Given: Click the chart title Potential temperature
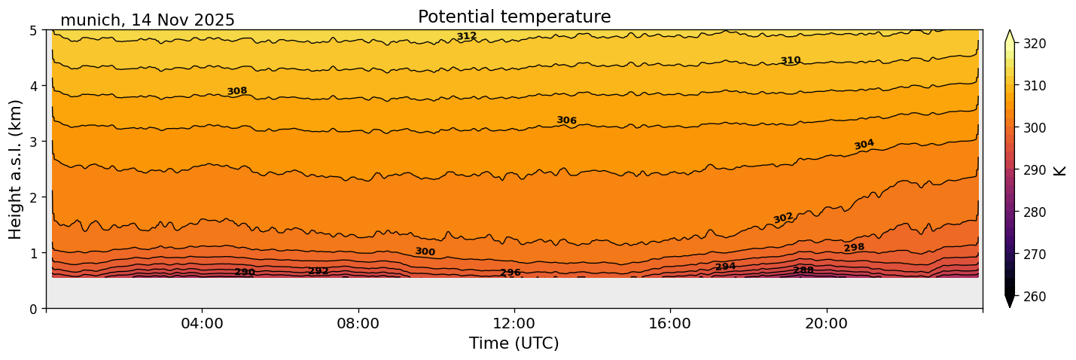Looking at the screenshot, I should (514, 17).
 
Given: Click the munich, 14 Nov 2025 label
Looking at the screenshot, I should (148, 20).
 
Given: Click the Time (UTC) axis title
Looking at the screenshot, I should (514, 343).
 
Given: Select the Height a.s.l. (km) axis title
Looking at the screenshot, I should (16, 169).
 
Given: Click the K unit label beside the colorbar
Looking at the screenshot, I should (1060, 170).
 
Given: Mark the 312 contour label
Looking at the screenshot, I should (467, 36).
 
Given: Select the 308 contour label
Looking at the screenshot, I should (237, 91).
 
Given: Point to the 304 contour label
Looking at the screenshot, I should (864, 144).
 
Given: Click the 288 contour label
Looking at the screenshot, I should (803, 270).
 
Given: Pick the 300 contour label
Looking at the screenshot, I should (425, 252).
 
